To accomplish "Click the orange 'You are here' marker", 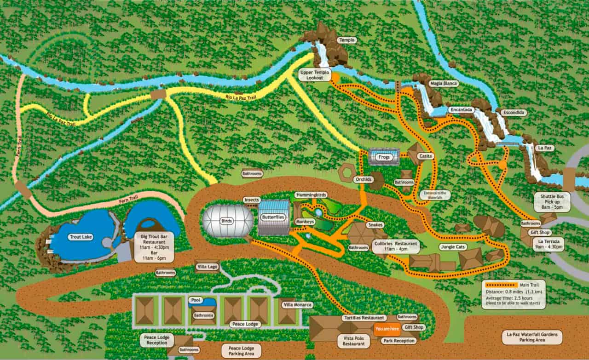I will point(387,329).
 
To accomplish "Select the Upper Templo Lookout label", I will point(315,75).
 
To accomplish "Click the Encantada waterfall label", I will point(462,110).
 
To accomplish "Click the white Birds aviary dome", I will point(227,221).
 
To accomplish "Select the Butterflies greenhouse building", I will point(273,217).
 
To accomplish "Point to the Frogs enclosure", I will point(384,157).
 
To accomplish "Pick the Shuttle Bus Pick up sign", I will point(552,202).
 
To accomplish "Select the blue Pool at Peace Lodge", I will point(202,302).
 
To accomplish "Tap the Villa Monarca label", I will point(297,305).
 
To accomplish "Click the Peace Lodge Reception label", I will point(157,340).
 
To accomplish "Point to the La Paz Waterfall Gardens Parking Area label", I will point(532,337).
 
